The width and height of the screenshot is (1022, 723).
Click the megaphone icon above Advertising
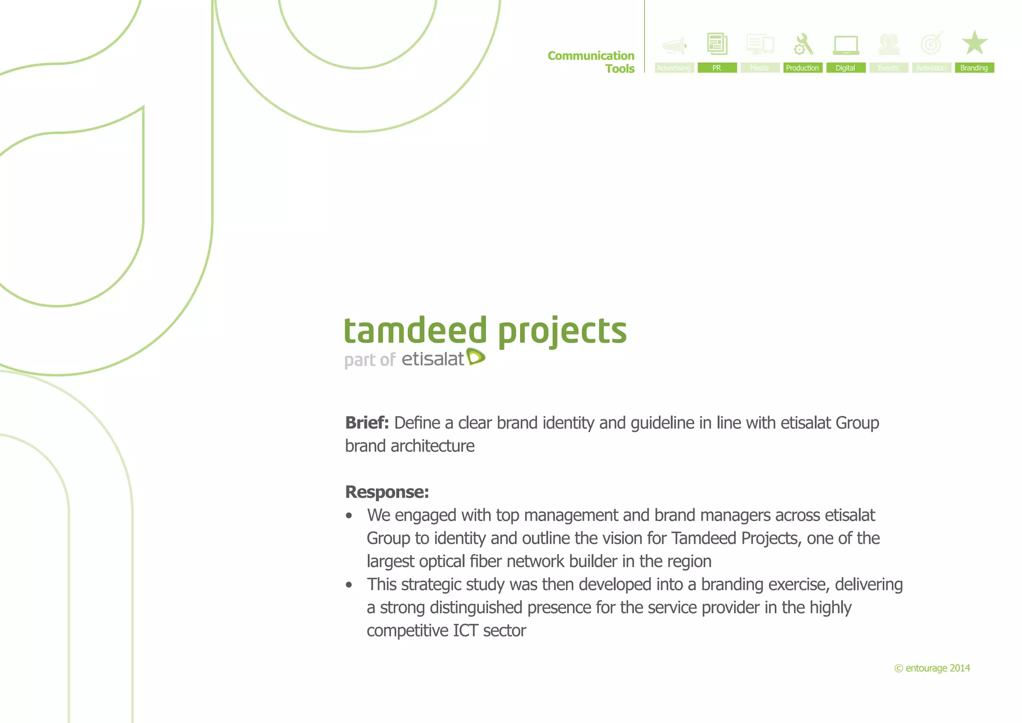pos(674,46)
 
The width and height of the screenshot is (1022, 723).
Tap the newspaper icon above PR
pos(717,44)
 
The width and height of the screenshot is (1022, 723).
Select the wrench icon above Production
pos(803,44)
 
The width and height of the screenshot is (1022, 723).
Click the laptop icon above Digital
pos(846,45)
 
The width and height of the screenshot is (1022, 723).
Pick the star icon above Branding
pos(974,43)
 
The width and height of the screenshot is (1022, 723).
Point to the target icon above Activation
pos(932,43)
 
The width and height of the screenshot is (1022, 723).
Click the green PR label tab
pos(717,68)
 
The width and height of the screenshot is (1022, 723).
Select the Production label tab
pos(802,68)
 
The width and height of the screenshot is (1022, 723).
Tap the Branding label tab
pos(974,68)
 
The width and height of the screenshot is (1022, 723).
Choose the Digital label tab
pos(845,68)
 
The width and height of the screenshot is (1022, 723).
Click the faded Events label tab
pos(888,68)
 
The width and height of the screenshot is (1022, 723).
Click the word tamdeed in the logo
pos(415,331)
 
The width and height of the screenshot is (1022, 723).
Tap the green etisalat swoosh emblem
pos(476,357)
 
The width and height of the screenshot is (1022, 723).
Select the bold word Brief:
pos(367,423)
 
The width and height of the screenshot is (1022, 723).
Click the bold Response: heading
pos(387,492)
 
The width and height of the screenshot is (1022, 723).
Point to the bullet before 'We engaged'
pos(349,516)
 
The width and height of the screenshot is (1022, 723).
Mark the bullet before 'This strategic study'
pos(349,585)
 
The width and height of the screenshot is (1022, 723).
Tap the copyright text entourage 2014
pos(932,668)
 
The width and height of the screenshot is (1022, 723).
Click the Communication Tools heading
pos(591,62)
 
